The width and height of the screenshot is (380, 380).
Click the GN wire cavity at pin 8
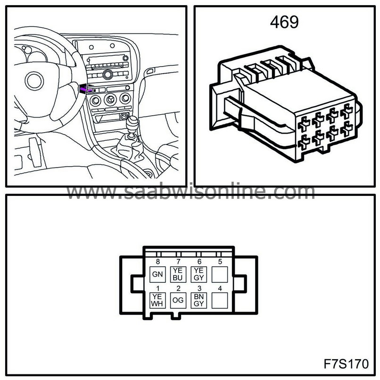[157, 274]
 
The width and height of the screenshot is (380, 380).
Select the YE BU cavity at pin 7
[178, 274]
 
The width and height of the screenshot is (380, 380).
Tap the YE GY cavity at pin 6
[199, 274]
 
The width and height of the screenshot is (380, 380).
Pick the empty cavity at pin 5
[220, 274]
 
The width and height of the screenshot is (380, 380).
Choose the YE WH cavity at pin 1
[157, 300]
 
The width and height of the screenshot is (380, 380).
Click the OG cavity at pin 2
[178, 300]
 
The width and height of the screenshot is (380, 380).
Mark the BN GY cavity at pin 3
[199, 300]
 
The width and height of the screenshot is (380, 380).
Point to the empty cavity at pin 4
[220, 300]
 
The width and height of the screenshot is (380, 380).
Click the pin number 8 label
[158, 262]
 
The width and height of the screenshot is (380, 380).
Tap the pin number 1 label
[158, 288]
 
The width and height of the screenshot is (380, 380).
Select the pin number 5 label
[220, 262]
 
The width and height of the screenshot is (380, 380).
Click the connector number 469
[284, 22]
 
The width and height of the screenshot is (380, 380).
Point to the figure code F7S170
[346, 364]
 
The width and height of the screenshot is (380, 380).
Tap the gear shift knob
[132, 124]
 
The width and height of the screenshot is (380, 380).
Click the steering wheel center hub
[34, 81]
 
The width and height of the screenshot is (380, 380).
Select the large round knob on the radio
[107, 74]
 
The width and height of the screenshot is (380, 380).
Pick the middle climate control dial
[110, 100]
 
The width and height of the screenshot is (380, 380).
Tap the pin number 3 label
[199, 288]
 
